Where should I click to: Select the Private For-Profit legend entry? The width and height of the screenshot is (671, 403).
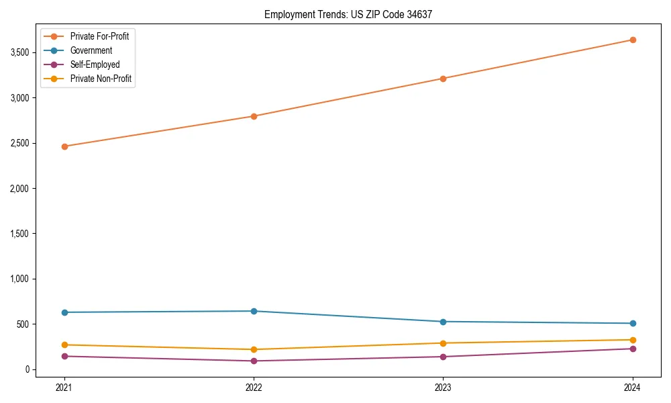click(x=99, y=36)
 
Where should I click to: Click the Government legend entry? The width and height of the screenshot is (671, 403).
click(x=91, y=50)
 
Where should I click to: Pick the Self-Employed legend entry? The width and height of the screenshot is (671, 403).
click(x=95, y=64)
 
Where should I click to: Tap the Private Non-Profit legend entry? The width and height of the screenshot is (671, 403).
click(x=101, y=79)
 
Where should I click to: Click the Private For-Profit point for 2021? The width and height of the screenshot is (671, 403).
click(x=64, y=146)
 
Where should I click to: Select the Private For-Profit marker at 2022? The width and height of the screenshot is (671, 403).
click(x=254, y=116)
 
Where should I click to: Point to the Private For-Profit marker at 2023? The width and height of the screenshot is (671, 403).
click(x=443, y=79)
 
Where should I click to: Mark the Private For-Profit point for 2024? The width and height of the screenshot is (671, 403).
click(x=633, y=40)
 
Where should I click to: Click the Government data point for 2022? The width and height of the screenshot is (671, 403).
click(x=254, y=311)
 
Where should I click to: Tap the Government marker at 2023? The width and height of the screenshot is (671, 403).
click(x=443, y=322)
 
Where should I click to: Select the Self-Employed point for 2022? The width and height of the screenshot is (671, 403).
click(x=254, y=361)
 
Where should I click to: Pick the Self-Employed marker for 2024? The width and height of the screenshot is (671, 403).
click(x=633, y=349)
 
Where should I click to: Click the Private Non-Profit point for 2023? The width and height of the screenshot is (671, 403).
click(x=443, y=343)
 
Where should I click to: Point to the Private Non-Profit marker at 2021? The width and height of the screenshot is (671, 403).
click(x=64, y=345)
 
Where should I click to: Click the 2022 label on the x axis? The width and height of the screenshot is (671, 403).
click(x=254, y=387)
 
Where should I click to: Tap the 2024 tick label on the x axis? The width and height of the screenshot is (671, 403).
click(x=633, y=387)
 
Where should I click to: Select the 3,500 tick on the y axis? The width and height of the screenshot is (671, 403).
click(x=19, y=52)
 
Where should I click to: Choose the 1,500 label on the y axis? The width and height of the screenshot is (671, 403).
click(x=19, y=234)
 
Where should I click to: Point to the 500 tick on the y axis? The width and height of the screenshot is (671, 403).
click(x=23, y=324)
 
